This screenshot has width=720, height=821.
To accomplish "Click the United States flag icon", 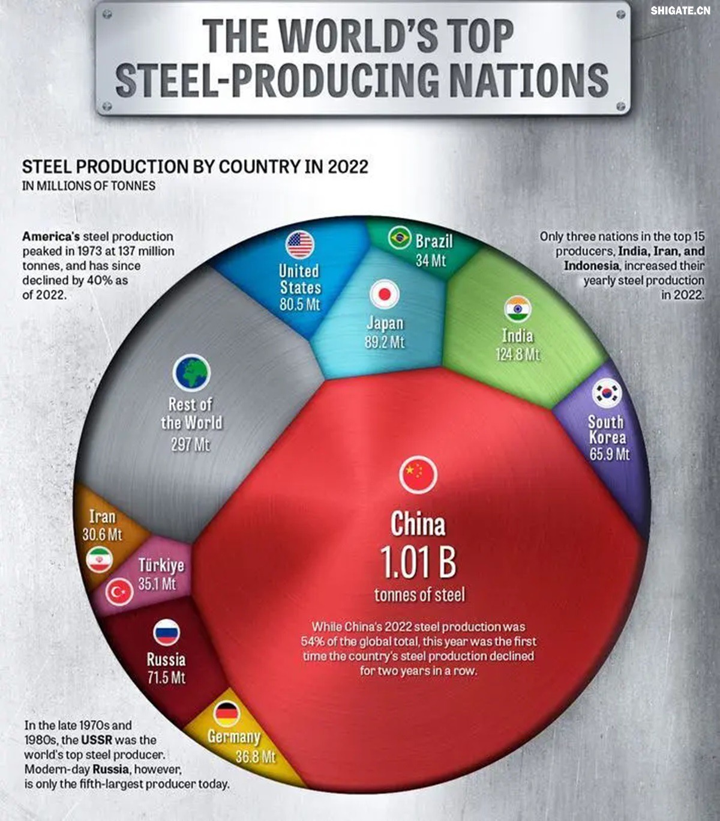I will [299, 244].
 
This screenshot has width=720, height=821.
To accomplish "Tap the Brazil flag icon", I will [399, 238].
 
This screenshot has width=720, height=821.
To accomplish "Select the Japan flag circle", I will [384, 294].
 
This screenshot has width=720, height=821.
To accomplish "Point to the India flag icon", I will [517, 309].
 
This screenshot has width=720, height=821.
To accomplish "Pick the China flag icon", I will [418, 473].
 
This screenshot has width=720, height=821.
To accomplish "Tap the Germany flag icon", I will [226, 714].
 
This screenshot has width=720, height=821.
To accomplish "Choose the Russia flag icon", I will [166, 633].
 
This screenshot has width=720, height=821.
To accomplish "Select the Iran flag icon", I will [99, 560].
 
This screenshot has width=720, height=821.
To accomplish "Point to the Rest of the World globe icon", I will [191, 372].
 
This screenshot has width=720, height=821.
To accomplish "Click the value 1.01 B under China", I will [418, 562].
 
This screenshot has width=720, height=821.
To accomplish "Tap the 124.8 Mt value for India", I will [517, 354].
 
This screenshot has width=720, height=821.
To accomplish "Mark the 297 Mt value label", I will [190, 444].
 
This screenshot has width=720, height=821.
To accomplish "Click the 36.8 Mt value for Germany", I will [255, 756].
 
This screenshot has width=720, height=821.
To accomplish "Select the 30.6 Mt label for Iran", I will [102, 534].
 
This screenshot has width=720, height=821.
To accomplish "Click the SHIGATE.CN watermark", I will [680, 10].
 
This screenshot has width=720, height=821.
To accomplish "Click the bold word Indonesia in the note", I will [590, 265].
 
